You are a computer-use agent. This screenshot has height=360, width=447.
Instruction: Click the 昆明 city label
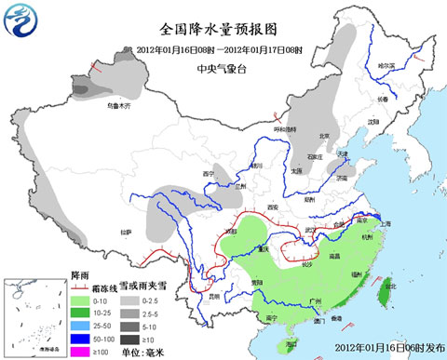coord(216,296)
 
